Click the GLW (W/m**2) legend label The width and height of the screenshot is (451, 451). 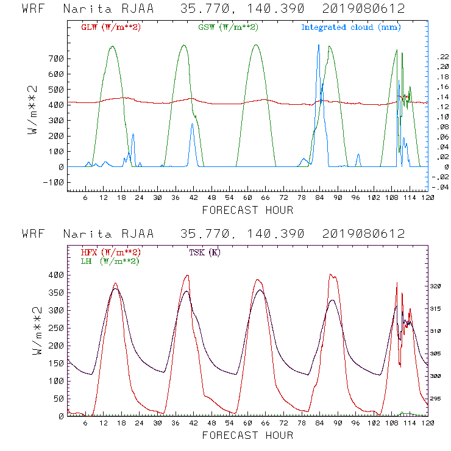pos(107,27)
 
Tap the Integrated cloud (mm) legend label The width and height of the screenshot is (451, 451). pos(351,27)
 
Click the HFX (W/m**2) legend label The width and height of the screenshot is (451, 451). pos(107,252)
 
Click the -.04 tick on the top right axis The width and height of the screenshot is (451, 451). pos(442,187)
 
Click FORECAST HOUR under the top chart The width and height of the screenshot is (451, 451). pos(247,210)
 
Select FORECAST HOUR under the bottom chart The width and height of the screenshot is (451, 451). pos(247,435)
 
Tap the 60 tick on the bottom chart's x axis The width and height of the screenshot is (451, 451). pos(247,422)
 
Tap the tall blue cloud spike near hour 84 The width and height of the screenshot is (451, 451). pos(318,61)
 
